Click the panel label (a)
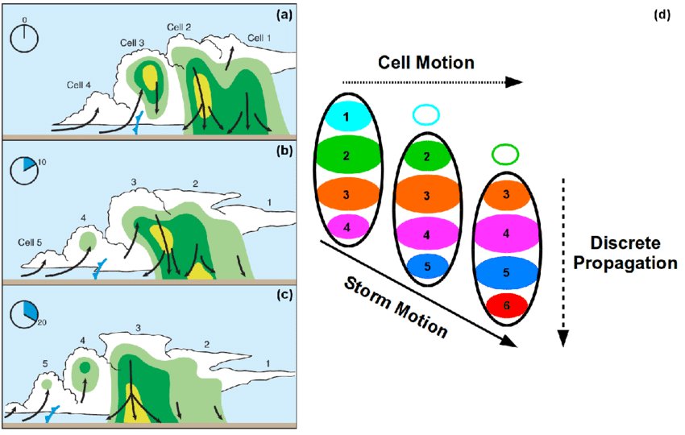[x=284, y=14]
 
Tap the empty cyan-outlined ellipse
[x=427, y=115]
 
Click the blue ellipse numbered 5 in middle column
[x=426, y=266]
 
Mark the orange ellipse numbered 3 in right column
[x=504, y=195]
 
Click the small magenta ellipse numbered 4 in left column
[x=346, y=228]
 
